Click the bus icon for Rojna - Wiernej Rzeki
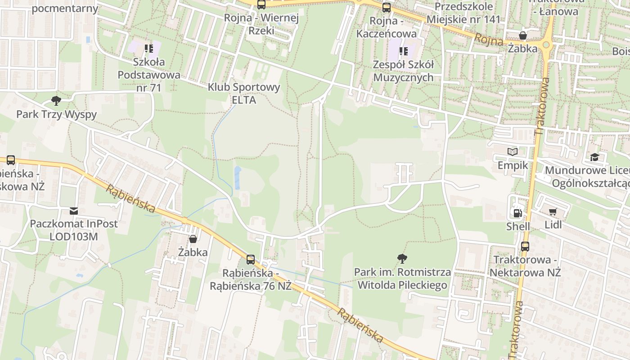261,5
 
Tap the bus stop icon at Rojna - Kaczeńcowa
386,8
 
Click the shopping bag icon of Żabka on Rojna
522,36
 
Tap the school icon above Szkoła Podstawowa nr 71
148,49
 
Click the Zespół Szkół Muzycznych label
403,71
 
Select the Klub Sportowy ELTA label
244,93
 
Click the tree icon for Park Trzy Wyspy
56,100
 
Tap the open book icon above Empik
513,152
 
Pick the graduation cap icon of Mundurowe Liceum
594,157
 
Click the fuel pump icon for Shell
517,213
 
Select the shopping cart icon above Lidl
553,211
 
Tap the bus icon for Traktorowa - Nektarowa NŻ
525,247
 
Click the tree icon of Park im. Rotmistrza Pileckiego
402,258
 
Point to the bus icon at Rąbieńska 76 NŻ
251,260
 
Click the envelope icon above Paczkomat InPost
73,211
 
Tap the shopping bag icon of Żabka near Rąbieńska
193,239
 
